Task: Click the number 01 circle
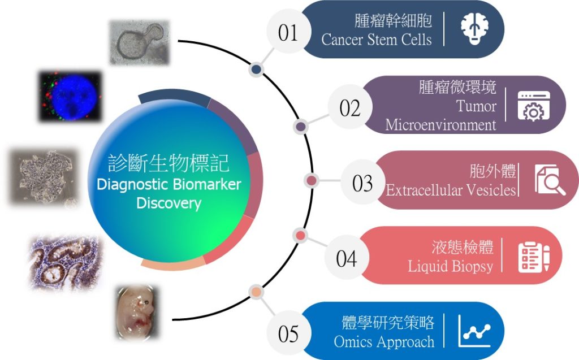point(288,32)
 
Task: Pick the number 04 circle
point(347,257)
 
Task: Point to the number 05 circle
point(288,333)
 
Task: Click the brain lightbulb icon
point(475,29)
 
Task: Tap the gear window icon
point(534,106)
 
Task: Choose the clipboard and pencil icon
point(534,257)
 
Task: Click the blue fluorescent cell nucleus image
point(70,96)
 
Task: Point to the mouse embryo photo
point(137,313)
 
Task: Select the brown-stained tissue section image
point(65,263)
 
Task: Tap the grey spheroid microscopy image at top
point(140,42)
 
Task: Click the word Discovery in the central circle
point(168,203)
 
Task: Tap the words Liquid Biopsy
point(450,266)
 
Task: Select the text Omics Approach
point(384,341)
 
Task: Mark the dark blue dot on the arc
point(256,70)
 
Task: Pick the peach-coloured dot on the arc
point(256,292)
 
